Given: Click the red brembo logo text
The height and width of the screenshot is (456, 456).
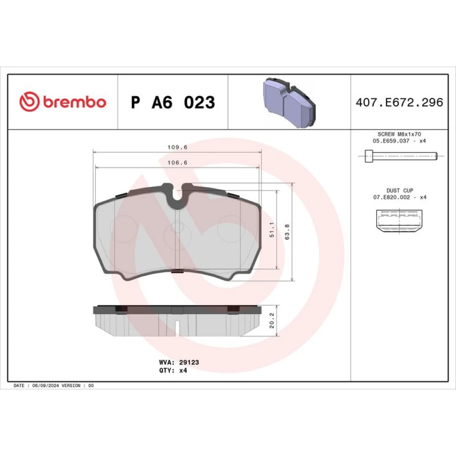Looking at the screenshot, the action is point(75,102).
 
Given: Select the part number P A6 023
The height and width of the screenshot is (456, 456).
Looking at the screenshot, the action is point(173,102).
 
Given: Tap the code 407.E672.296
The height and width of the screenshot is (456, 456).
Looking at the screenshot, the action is point(399,102).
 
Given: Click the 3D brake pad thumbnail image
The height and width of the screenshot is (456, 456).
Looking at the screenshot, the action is point(290,102).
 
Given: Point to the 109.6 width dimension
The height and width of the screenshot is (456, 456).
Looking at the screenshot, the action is point(177,147).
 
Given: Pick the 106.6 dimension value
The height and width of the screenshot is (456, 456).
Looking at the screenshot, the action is point(177,163).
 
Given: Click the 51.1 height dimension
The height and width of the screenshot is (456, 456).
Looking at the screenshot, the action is point(272,230).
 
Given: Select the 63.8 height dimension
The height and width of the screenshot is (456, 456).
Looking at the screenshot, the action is point(287,232).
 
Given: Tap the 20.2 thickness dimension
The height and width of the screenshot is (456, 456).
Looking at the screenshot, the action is point(272,321).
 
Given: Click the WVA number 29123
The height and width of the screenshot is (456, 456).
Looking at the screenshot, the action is point(189,362).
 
